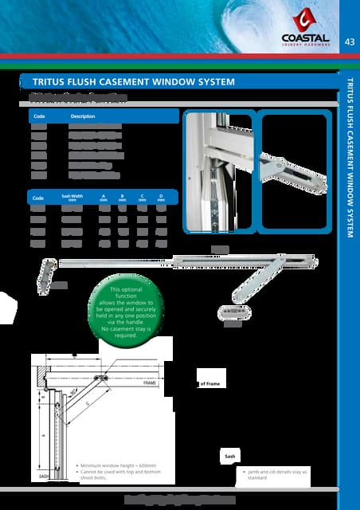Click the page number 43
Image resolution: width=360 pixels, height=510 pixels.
point(349,41)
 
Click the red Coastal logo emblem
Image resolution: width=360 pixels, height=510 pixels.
point(304,20)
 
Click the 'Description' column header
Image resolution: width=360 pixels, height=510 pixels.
point(83,116)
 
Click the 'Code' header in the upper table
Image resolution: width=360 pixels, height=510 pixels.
point(37,116)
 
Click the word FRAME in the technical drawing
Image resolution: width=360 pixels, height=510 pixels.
point(150,383)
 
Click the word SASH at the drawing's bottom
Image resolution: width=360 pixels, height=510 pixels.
point(45,475)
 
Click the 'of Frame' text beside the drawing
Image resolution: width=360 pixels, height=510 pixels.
point(209,383)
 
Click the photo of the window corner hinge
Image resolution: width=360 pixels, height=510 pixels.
point(218,172)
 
